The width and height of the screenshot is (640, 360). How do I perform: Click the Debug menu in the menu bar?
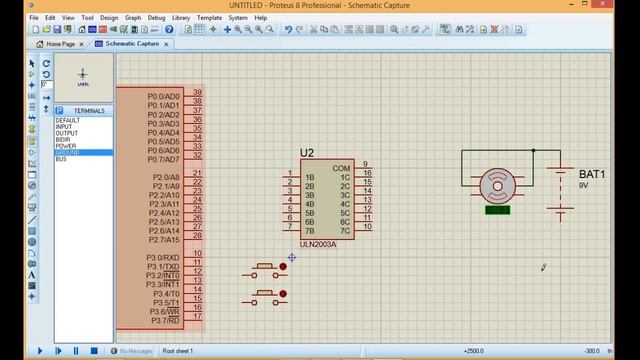(156, 17)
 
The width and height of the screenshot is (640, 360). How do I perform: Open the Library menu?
(181, 17)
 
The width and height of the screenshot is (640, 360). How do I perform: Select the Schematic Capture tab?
(132, 44)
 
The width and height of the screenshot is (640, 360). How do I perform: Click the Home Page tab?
(59, 44)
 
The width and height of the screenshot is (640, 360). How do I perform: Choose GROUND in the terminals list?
(67, 152)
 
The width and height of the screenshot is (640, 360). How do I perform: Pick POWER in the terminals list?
(66, 146)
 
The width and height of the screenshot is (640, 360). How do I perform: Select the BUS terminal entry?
(61, 159)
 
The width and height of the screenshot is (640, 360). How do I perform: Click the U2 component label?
(307, 153)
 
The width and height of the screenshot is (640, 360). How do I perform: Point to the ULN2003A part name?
(318, 243)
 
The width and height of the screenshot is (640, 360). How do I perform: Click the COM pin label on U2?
(341, 168)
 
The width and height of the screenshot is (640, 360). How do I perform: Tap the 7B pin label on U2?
(309, 231)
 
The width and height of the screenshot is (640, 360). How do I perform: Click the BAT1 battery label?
(592, 174)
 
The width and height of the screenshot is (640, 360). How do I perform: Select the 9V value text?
(584, 186)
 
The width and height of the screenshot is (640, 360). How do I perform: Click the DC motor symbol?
(497, 185)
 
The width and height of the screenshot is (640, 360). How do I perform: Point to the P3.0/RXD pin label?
(163, 258)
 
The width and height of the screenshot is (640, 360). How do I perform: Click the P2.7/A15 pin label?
(164, 240)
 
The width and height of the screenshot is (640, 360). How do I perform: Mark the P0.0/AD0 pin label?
(163, 96)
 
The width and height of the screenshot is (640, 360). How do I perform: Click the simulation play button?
(40, 351)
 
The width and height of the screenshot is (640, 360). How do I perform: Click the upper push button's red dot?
(283, 267)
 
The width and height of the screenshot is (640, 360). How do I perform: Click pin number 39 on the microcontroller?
(198, 92)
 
